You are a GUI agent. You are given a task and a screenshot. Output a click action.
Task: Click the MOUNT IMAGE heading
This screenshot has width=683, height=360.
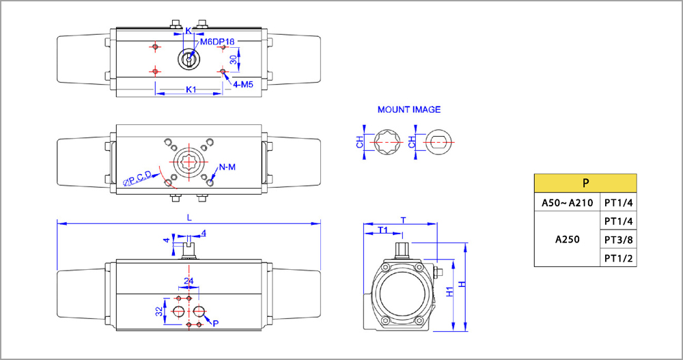[409, 109]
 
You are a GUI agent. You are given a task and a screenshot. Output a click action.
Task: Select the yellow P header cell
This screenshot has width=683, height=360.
[585, 183]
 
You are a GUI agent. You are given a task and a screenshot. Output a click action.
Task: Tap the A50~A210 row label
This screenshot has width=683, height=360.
[566, 202]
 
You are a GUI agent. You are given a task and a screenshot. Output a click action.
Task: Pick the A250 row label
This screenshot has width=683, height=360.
[566, 240]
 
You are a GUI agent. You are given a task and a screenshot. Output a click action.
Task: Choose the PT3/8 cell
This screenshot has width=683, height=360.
[618, 240]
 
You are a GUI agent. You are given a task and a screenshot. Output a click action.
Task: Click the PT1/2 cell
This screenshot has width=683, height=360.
[618, 258]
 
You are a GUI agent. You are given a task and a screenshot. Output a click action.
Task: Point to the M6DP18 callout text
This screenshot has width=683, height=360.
[217, 42]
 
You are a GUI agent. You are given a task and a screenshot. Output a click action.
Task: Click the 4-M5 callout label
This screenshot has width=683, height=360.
[243, 84]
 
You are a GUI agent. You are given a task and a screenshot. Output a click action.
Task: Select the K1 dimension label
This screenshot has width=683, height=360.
[191, 89]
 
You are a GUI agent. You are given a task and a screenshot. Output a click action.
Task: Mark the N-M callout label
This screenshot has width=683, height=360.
[228, 167]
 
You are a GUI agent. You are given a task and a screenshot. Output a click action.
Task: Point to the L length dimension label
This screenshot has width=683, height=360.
[189, 217]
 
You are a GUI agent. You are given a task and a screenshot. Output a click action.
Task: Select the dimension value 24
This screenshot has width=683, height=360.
[189, 281]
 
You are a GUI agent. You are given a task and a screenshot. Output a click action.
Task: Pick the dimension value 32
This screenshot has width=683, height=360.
[159, 311]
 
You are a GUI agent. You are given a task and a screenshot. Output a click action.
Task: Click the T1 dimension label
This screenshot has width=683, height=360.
[383, 230]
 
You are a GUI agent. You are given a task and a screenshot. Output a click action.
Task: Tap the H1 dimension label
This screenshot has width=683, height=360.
[450, 292]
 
